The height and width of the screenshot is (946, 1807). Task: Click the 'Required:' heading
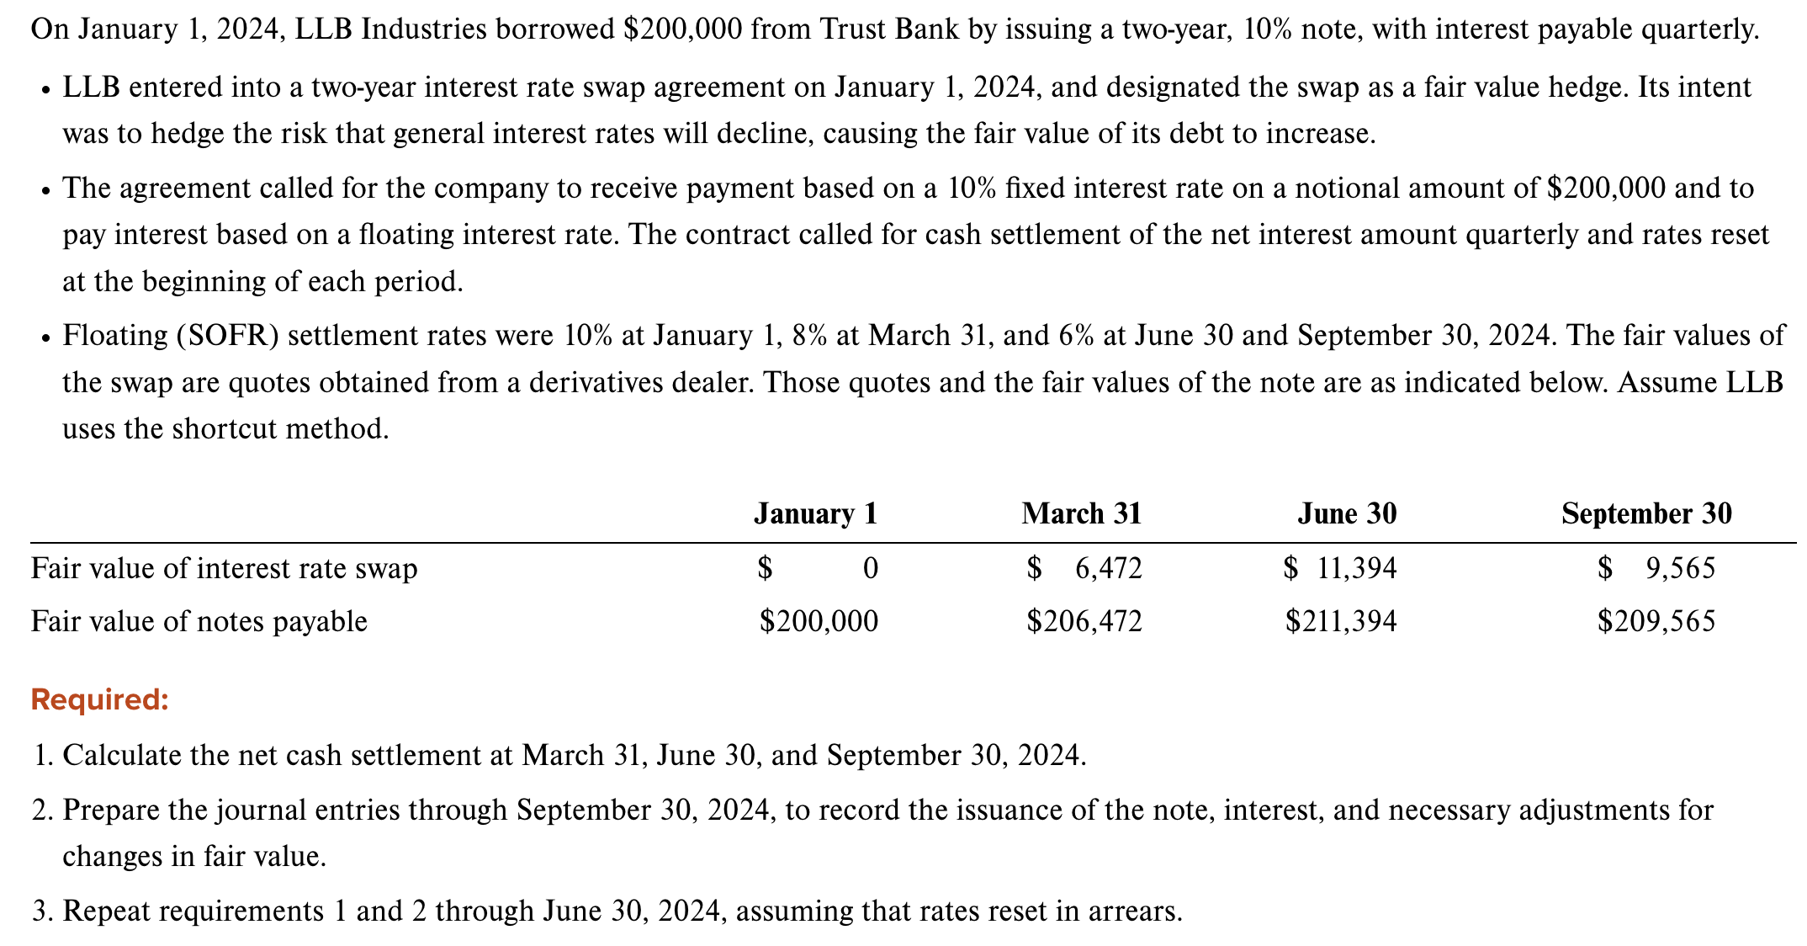99,699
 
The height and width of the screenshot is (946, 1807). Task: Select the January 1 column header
815,513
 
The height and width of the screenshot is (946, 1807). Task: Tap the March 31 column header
1082,513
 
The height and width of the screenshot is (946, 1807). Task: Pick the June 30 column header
1347,513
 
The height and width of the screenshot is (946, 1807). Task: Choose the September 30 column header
1646,513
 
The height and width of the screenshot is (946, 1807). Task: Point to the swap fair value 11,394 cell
1356,569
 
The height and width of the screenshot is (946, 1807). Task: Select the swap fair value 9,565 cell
1679,569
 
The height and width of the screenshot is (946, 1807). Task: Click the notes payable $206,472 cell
1084,622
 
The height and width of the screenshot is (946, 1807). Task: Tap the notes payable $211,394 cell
1341,622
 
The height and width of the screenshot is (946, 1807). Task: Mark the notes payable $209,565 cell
1656,622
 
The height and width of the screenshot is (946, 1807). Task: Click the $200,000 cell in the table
819,622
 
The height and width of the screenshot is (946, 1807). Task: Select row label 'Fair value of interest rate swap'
224,569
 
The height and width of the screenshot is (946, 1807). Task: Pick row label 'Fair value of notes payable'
199,622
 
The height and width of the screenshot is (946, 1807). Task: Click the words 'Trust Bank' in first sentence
889,29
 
